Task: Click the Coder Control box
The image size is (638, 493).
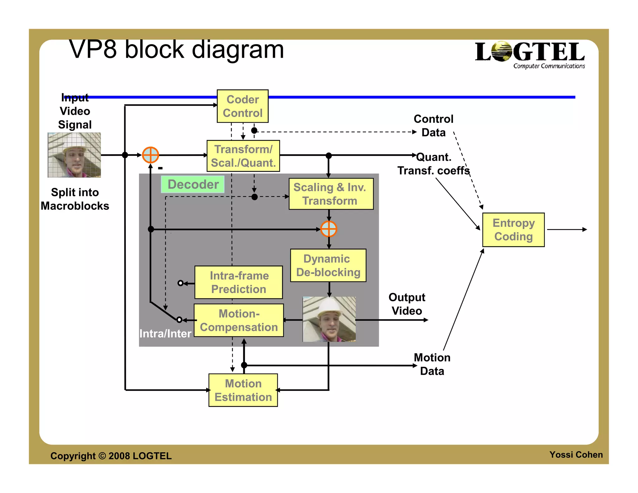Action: (x=242, y=106)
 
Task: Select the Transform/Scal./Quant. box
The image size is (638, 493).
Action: (x=243, y=156)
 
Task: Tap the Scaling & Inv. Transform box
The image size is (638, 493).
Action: (x=331, y=194)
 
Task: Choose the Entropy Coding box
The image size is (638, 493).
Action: (x=513, y=230)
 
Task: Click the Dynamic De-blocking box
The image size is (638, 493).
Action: (x=328, y=266)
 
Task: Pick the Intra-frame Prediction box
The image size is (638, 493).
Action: (x=239, y=282)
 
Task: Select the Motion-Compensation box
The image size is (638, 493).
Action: (x=239, y=320)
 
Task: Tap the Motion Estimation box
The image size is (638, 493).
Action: (x=243, y=390)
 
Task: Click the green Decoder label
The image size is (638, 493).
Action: (x=193, y=184)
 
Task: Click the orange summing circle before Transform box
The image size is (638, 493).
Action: (x=150, y=155)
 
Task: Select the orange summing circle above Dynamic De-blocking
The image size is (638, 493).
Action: (x=329, y=229)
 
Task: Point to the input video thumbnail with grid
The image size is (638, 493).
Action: (x=74, y=155)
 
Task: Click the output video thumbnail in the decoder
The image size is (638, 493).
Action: (x=329, y=319)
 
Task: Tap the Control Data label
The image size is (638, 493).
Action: (x=433, y=126)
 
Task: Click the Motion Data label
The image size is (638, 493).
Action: (x=432, y=364)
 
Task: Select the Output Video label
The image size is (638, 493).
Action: (x=407, y=304)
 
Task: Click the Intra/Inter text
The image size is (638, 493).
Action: (x=165, y=334)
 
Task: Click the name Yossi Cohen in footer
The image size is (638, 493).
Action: (x=576, y=455)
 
